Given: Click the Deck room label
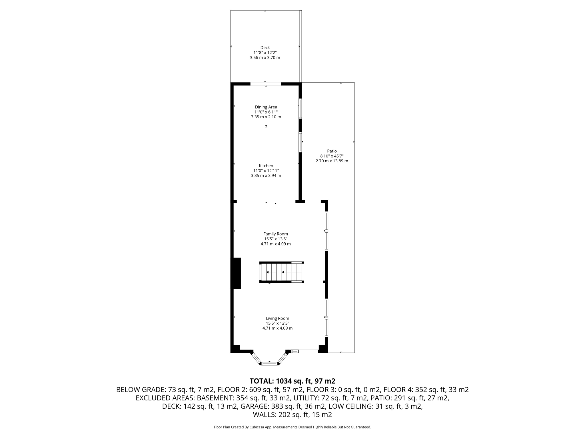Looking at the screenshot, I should [265, 48].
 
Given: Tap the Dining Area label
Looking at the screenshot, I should [266, 107].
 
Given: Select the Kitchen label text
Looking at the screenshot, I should [266, 166].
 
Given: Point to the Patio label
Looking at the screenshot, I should [332, 151].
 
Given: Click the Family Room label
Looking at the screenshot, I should [276, 234].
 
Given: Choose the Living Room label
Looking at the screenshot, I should [277, 318].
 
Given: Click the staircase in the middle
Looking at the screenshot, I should [281, 272].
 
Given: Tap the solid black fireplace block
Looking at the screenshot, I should [236, 273].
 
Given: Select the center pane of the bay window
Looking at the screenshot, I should [270, 364].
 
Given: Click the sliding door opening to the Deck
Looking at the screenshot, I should [266, 84].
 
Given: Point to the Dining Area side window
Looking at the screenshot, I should [300, 108].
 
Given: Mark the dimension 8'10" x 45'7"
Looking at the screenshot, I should [332, 156].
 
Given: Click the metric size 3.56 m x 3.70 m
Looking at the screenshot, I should [265, 58].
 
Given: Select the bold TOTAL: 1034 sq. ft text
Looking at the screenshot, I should [292, 381].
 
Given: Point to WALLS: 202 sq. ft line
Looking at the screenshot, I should [292, 415].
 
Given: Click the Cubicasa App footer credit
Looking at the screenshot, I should [292, 427].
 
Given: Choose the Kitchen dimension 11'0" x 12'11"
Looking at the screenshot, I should [266, 171].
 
